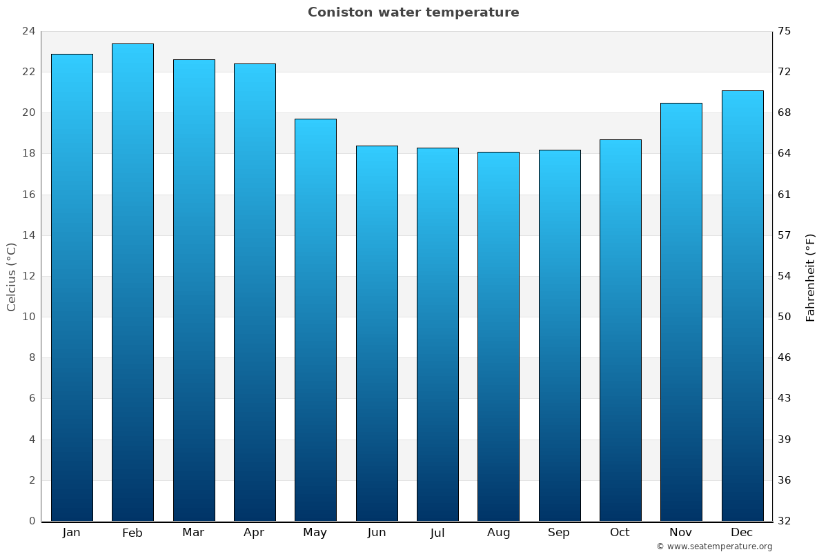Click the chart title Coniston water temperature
coord(413,12)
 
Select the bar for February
coord(132,283)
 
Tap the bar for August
coord(498,337)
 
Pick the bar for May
coord(315,320)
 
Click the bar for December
coord(742,306)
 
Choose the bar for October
coord(620,331)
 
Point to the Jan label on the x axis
coord(71,533)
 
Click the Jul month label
coord(437,533)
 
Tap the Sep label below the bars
coord(559,533)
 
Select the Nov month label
coord(681,533)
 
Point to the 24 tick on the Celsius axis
coord(28,31)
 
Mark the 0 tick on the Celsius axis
coord(32,521)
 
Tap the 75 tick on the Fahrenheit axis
coord(785,31)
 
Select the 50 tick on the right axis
coord(785,317)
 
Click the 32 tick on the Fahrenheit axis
coord(785,521)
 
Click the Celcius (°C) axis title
coord(11,276)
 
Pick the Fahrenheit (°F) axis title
coord(811,277)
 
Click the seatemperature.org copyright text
coord(714,546)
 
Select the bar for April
coord(255,293)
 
